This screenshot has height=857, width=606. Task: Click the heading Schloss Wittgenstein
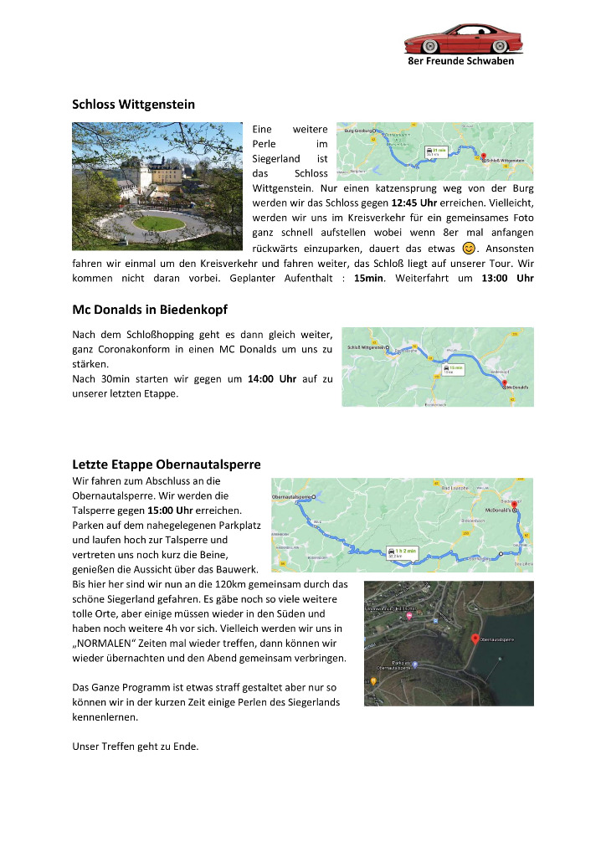coord(133,105)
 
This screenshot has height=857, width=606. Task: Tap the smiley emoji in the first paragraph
coord(469,248)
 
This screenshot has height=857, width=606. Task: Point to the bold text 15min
coord(369,278)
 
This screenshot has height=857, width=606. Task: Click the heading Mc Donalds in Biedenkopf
coord(150,310)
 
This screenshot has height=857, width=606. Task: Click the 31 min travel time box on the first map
coord(436,151)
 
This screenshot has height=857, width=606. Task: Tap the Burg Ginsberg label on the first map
coord(360,131)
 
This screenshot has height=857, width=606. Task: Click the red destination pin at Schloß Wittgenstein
coord(483,155)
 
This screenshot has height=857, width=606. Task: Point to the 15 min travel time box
coord(454,369)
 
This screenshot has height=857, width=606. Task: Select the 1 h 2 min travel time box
coord(402,552)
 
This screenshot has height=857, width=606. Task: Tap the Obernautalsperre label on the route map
coord(292,497)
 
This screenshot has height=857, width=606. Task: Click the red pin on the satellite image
coord(475,639)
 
